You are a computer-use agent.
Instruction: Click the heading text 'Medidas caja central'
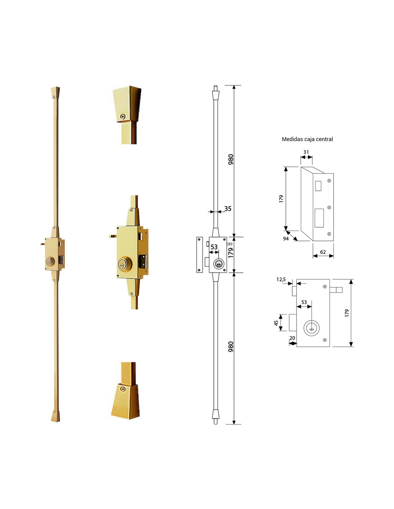point(307,139)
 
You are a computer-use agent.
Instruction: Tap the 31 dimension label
point(306,152)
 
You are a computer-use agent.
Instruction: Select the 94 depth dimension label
point(286,239)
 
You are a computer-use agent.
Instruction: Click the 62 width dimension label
point(323,252)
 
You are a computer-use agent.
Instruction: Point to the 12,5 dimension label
point(281,280)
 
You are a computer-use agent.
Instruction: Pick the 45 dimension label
point(276,323)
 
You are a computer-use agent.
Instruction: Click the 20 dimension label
point(292,338)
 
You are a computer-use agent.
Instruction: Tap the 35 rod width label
point(227,208)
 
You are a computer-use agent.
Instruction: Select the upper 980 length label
point(231,159)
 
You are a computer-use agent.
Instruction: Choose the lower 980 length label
point(231,347)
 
